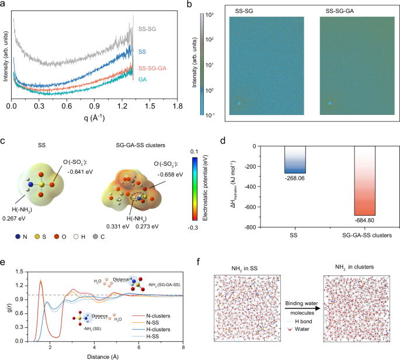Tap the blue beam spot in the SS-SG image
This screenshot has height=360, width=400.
pos(239,103)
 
